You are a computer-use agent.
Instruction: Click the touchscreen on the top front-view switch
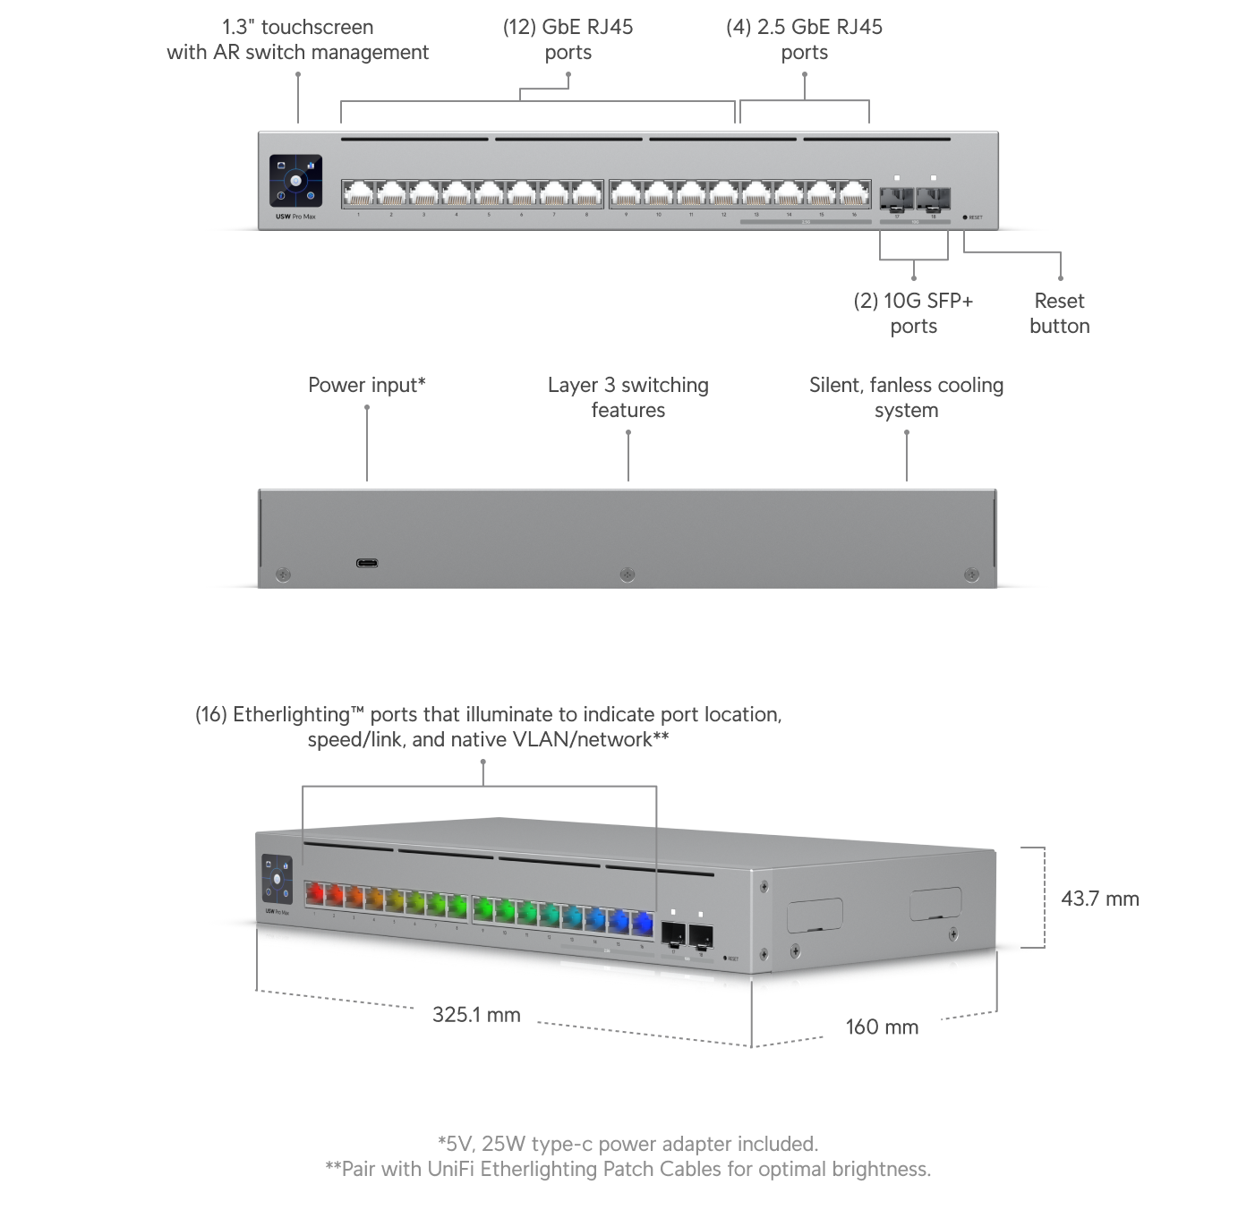coord(295,183)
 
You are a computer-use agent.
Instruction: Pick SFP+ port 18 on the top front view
coord(933,197)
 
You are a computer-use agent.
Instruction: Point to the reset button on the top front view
coord(965,217)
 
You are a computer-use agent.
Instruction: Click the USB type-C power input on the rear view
coord(367,564)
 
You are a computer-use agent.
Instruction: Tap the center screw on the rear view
coord(627,574)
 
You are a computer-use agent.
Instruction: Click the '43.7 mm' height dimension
coord(1099,899)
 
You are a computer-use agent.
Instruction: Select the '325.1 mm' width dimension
coord(475,1014)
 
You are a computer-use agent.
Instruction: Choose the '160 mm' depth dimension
coord(882,1027)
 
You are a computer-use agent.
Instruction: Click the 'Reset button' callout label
coord(1059,313)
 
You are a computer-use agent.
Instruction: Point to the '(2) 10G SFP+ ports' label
coord(913,313)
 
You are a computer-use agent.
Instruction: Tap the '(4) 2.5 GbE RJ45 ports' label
coord(804,39)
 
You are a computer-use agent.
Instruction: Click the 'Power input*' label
coord(367,385)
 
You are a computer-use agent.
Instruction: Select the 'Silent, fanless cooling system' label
coord(906,397)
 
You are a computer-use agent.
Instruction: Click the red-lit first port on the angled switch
coord(314,893)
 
